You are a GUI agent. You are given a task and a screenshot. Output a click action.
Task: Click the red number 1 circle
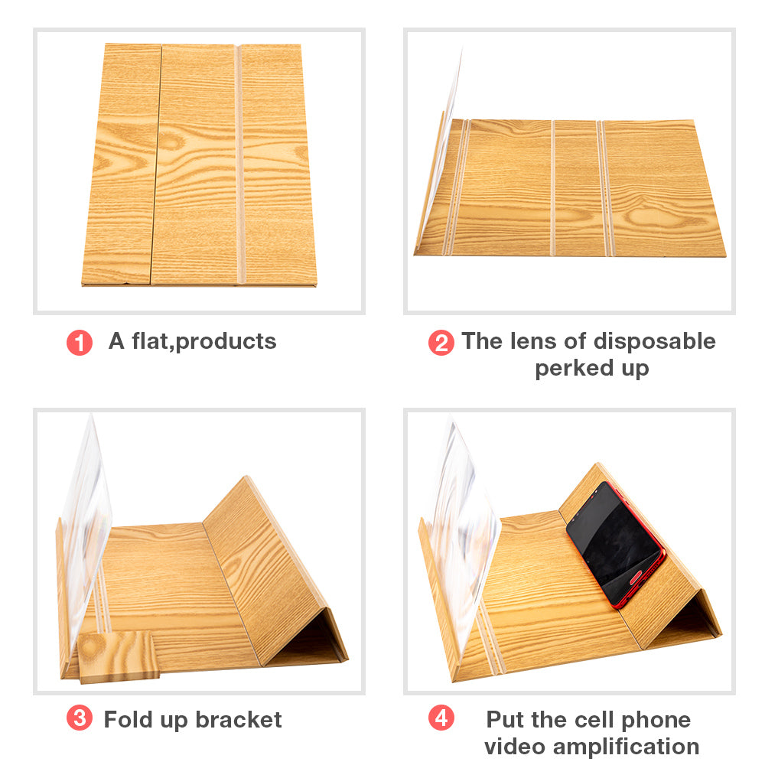pos(80,343)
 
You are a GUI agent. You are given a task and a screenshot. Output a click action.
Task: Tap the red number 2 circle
pos(441,343)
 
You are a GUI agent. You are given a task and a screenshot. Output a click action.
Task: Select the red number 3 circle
pos(80,718)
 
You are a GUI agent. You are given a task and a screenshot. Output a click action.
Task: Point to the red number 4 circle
pos(441,718)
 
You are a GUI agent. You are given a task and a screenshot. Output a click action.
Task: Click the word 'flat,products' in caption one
pos(204,341)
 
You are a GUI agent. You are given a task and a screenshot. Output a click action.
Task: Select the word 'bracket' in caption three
pos(239,720)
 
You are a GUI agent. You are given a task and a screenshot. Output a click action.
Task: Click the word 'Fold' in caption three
pos(129,720)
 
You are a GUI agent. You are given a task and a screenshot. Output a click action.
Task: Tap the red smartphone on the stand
pos(616,545)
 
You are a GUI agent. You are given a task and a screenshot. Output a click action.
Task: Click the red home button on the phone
pos(636,578)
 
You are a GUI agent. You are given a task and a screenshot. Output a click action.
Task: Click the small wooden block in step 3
pos(119,656)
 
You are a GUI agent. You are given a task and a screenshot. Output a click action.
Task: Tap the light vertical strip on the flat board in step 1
pos(239,164)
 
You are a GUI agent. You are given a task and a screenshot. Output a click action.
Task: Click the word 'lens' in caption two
pos(532,341)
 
